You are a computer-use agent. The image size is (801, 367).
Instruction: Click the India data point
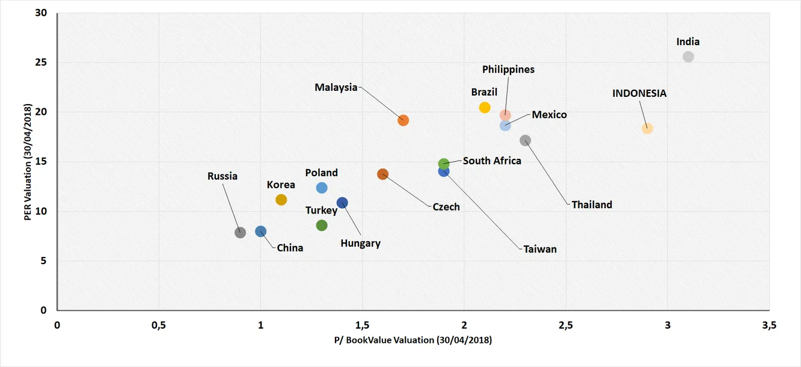point(688,57)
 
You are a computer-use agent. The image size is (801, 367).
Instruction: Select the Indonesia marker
point(647,128)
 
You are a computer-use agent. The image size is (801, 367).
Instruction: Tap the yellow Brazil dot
point(485,108)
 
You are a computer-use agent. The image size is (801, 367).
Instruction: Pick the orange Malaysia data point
point(404,120)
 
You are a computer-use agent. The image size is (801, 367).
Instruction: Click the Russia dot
point(240,232)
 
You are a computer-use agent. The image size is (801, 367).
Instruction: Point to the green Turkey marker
point(322,225)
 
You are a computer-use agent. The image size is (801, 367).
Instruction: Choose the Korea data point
point(281,200)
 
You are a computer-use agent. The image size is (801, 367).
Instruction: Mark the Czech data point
point(382,174)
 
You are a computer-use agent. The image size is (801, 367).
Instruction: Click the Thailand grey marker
point(525,140)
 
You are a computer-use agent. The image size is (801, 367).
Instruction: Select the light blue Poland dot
point(322,188)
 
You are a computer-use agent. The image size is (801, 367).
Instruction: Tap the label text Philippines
point(508,69)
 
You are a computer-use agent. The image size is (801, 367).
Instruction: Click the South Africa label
point(492,161)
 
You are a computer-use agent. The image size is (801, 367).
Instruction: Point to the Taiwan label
point(540,248)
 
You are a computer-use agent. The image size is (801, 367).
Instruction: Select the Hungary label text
point(360,243)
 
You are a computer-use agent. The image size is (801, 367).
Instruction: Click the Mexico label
point(549,114)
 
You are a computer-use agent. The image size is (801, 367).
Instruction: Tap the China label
point(290,247)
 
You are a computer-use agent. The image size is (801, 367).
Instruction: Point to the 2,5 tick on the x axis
point(565,325)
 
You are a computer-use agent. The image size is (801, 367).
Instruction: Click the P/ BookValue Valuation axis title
point(413,340)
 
